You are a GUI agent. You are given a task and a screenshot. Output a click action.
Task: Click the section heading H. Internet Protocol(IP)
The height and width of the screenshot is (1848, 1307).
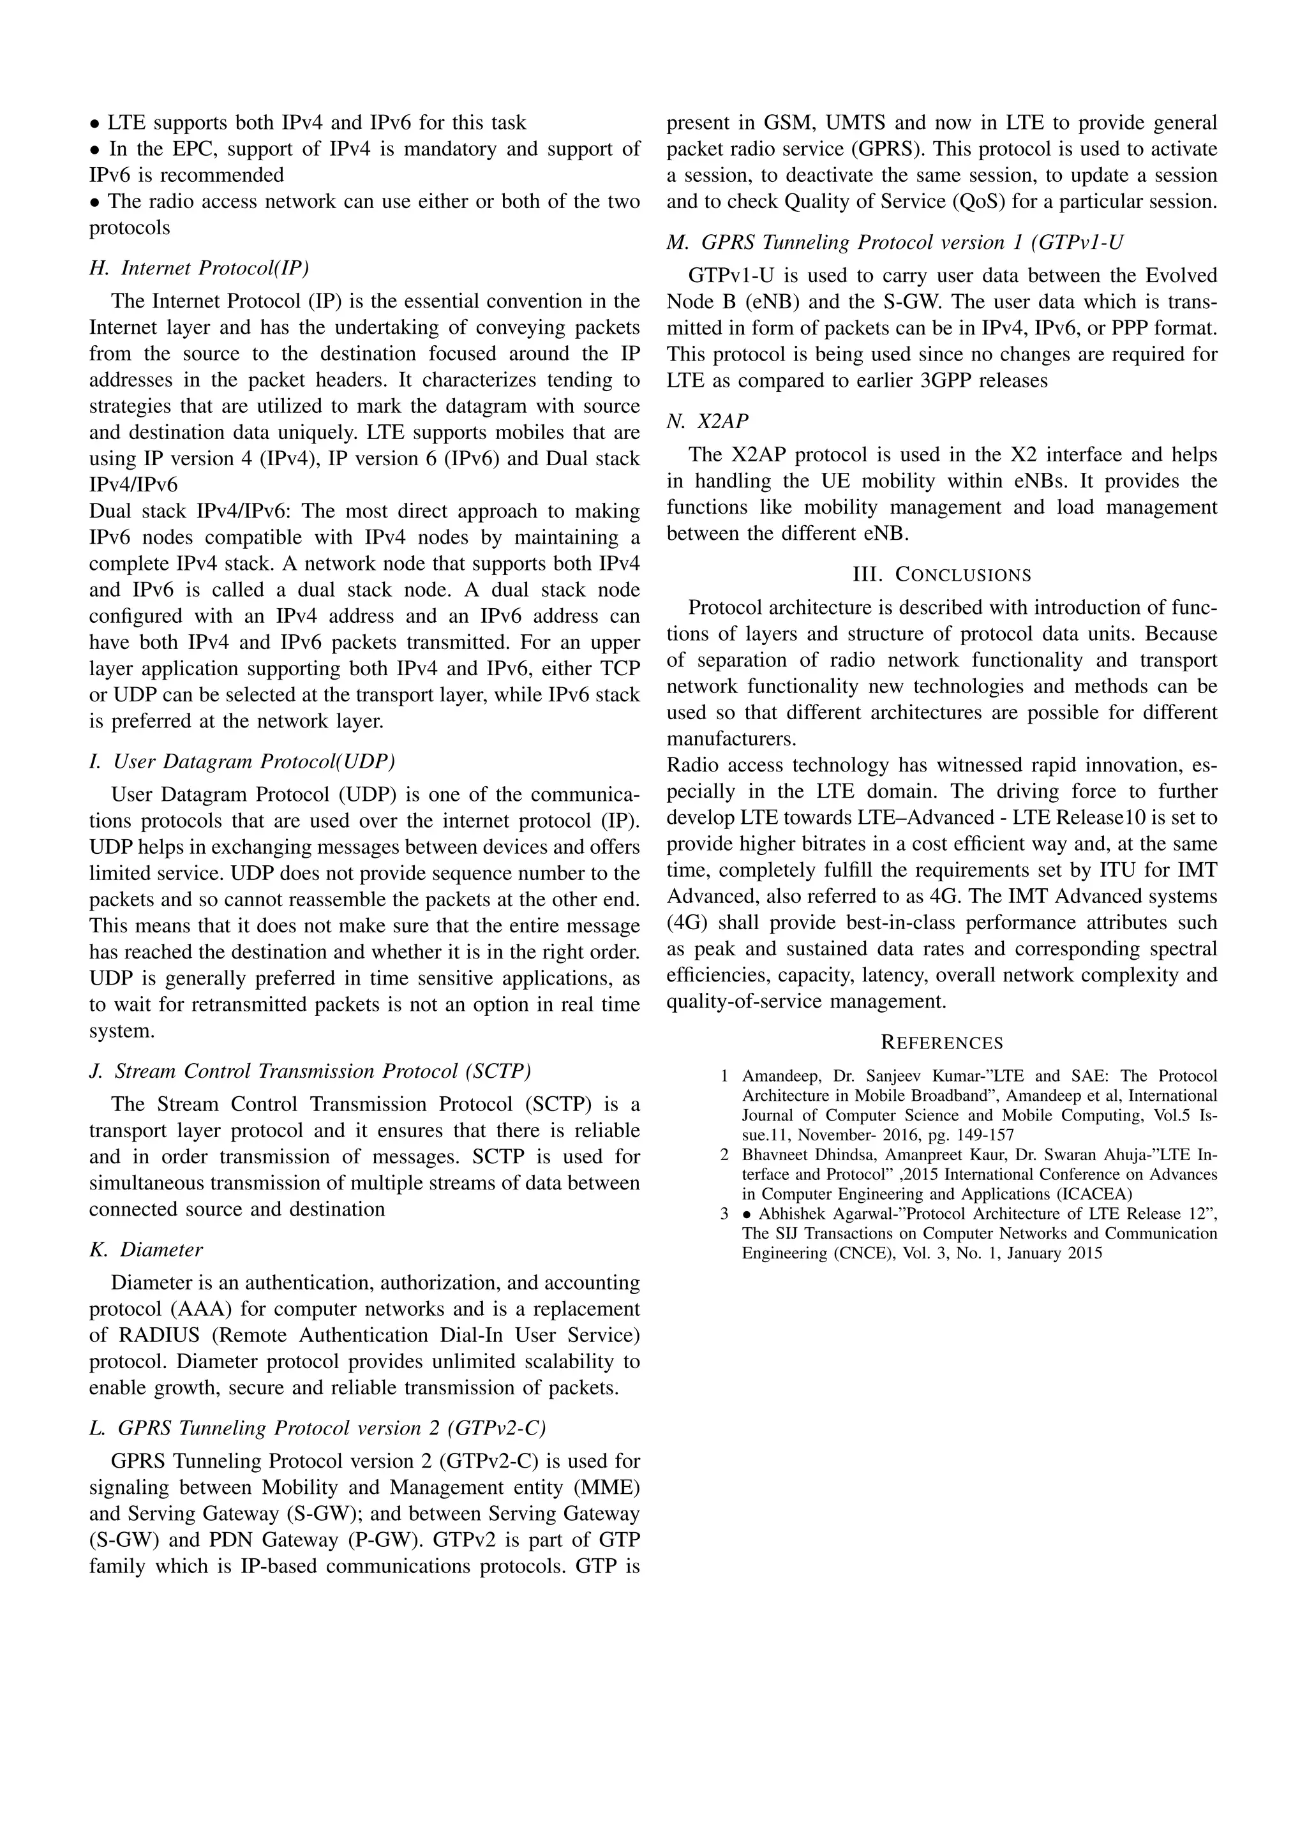(198, 268)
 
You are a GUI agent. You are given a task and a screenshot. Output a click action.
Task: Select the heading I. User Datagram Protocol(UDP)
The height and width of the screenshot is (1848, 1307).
(241, 761)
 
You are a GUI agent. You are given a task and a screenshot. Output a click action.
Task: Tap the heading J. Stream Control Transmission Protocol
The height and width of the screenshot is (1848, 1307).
(310, 1071)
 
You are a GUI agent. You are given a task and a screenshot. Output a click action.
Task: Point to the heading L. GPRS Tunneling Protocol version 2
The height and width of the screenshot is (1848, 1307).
(317, 1428)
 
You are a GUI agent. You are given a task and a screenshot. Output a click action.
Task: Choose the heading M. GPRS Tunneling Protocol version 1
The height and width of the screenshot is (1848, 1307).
(894, 242)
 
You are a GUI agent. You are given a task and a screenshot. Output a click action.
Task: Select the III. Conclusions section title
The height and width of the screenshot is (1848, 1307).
(941, 575)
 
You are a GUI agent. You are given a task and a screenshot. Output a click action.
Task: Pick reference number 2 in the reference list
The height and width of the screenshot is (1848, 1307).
(724, 1155)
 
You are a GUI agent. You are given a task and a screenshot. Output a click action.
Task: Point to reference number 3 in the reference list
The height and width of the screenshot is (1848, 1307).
(724, 1214)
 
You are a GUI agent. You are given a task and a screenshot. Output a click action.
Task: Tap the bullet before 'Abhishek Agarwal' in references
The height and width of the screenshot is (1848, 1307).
(748, 1214)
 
